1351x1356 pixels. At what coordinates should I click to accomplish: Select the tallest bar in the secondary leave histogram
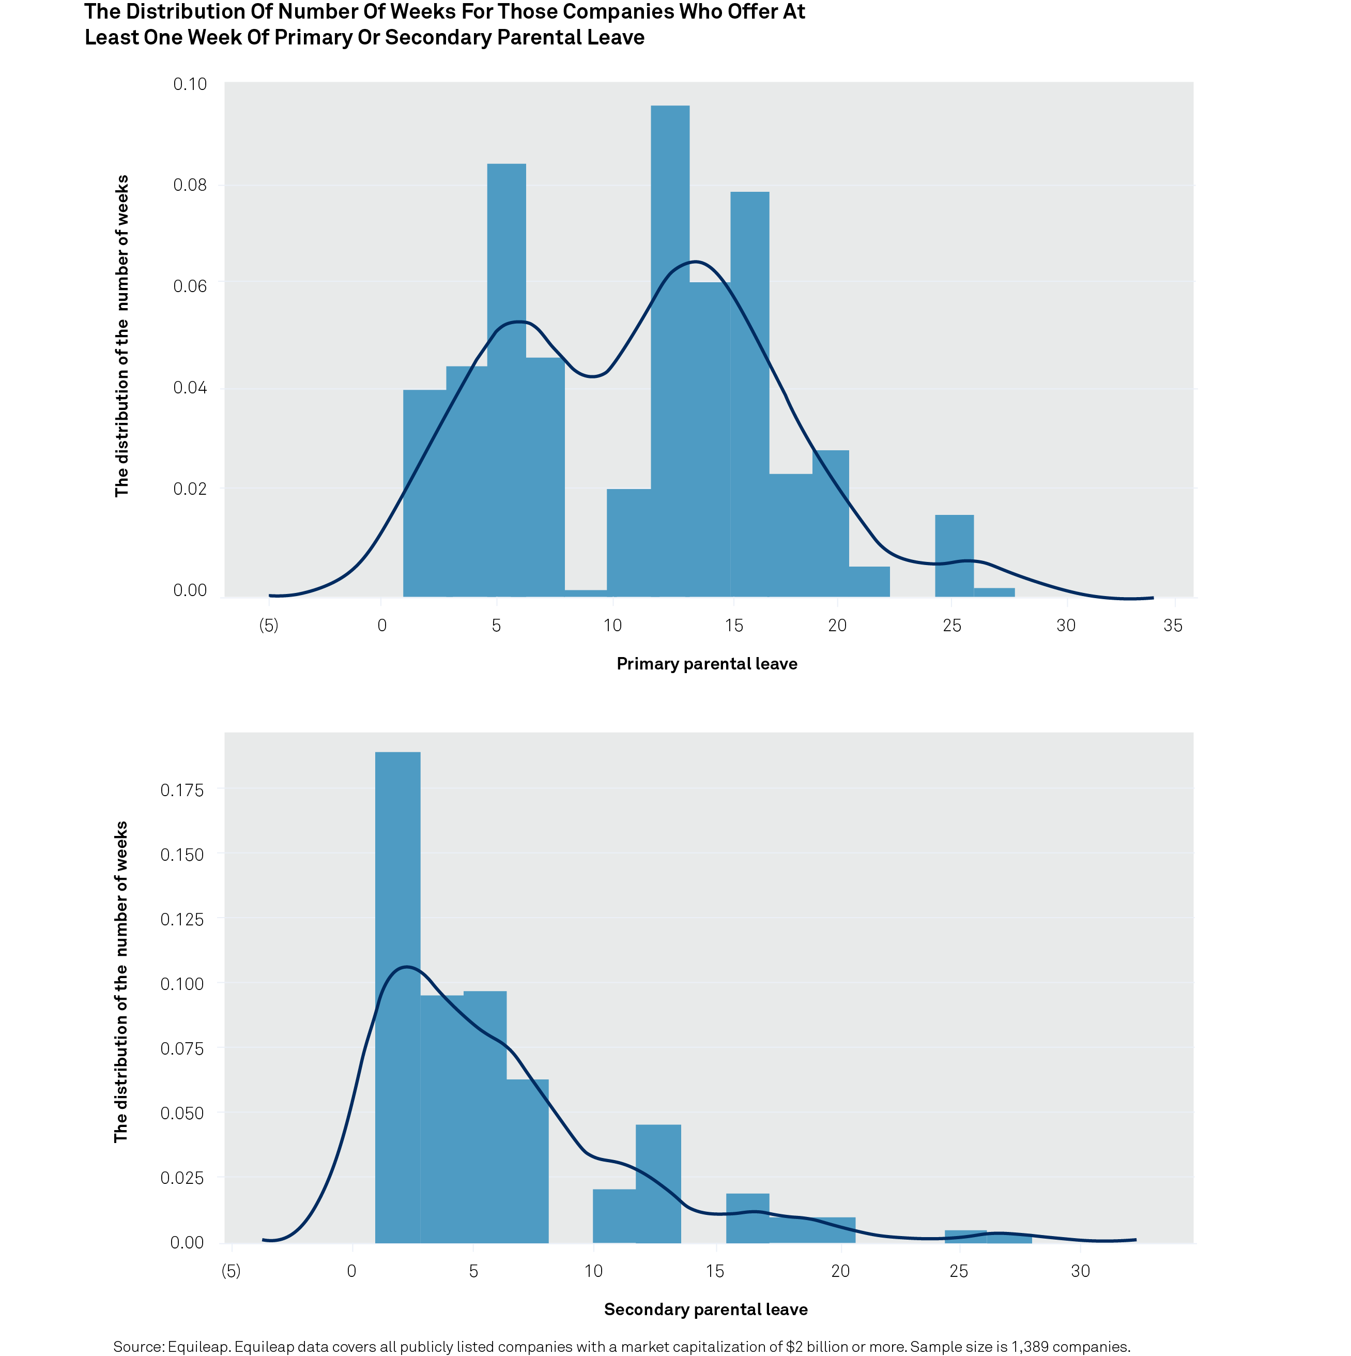[x=397, y=997]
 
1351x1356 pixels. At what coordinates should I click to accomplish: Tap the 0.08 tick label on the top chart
[x=190, y=185]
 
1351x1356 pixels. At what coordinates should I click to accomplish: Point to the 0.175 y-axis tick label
[x=182, y=790]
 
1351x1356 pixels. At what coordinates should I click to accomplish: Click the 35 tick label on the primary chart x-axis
[x=1173, y=626]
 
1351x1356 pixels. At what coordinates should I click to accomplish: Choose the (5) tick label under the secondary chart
[x=231, y=1271]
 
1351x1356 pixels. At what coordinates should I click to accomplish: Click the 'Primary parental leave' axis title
[x=707, y=664]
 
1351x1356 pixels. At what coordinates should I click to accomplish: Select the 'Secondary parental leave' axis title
[x=705, y=1309]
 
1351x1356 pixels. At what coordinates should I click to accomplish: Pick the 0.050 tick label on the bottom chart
[x=182, y=1113]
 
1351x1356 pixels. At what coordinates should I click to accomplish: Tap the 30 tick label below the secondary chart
[x=1080, y=1271]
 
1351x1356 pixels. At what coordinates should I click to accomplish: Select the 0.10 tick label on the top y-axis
[x=190, y=84]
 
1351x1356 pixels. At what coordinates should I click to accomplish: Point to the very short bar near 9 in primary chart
[x=586, y=593]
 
